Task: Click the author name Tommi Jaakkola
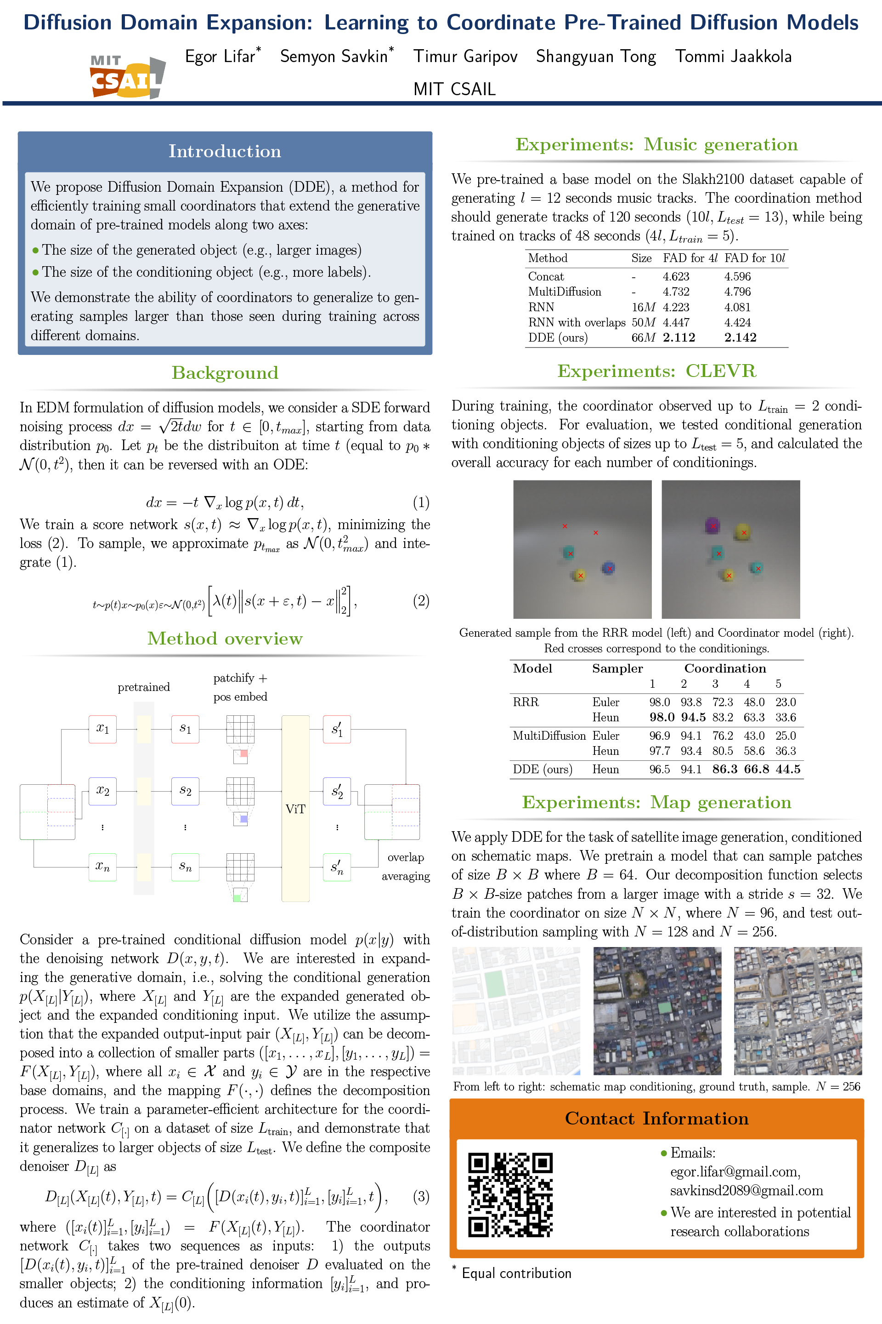tap(733, 56)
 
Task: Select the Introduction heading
tap(225, 151)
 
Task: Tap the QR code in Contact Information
tap(510, 1194)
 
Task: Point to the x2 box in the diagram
tap(102, 790)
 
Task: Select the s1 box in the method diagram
tap(185, 729)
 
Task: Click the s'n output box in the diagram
tap(337, 867)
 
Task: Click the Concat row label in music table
tap(546, 276)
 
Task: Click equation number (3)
tap(421, 1196)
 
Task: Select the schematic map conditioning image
tap(516, 1011)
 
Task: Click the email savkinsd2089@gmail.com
tap(746, 1191)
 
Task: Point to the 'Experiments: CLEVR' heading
tap(656, 371)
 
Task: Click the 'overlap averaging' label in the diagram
tap(406, 866)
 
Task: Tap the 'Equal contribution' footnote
tap(516, 1273)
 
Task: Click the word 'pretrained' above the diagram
tap(143, 687)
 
